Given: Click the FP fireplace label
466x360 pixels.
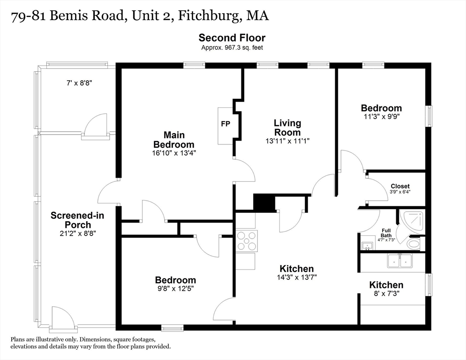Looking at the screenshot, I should (225, 124).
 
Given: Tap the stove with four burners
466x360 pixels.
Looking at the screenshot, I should (247, 240).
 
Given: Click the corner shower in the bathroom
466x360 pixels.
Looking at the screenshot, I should (412, 223).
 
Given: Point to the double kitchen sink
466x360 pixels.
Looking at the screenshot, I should (399, 261).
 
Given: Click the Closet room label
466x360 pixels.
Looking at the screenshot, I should (400, 186).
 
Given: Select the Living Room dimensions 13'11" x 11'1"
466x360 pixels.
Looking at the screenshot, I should (287, 141).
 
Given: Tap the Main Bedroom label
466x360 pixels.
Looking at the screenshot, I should (173, 140).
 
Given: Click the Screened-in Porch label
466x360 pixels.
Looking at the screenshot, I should (77, 220).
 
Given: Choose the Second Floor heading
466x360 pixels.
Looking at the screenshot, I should (232, 38).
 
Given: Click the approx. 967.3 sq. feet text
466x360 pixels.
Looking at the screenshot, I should (232, 47).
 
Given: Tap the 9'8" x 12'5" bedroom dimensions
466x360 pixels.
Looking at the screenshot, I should (175, 289).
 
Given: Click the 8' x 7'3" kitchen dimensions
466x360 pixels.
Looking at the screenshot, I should (386, 294).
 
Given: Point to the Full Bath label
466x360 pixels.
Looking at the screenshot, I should (386, 232).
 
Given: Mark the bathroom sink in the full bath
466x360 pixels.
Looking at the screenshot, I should (367, 246).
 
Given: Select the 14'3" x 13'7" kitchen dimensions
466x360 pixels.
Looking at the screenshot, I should (296, 277).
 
